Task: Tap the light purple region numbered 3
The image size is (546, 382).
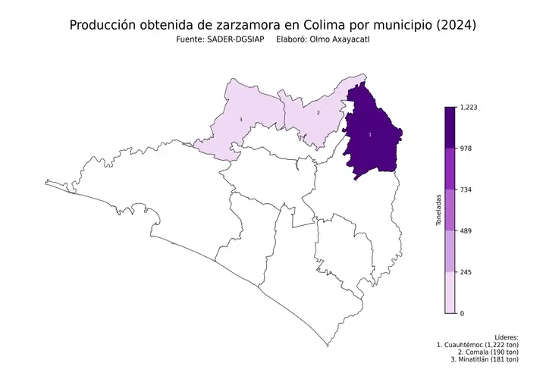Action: click(235, 125)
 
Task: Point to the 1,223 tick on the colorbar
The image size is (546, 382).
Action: click(469, 108)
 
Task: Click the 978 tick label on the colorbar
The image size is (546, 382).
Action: click(466, 149)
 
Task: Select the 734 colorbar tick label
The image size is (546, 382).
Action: click(466, 189)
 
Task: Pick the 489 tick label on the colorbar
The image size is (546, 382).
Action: click(466, 230)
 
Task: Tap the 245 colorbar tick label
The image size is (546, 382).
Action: click(466, 271)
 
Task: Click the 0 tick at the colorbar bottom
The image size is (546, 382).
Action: click(463, 312)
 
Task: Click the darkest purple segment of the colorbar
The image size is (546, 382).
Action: click(450, 127)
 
